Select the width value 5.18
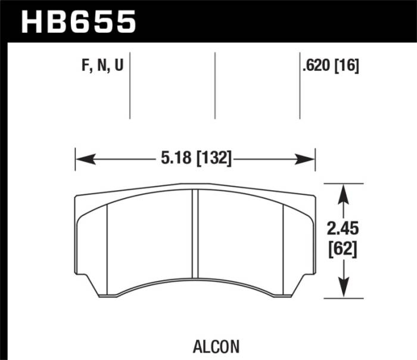pyautogui.click(x=173, y=159)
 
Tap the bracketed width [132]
pyautogui.click(x=210, y=159)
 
